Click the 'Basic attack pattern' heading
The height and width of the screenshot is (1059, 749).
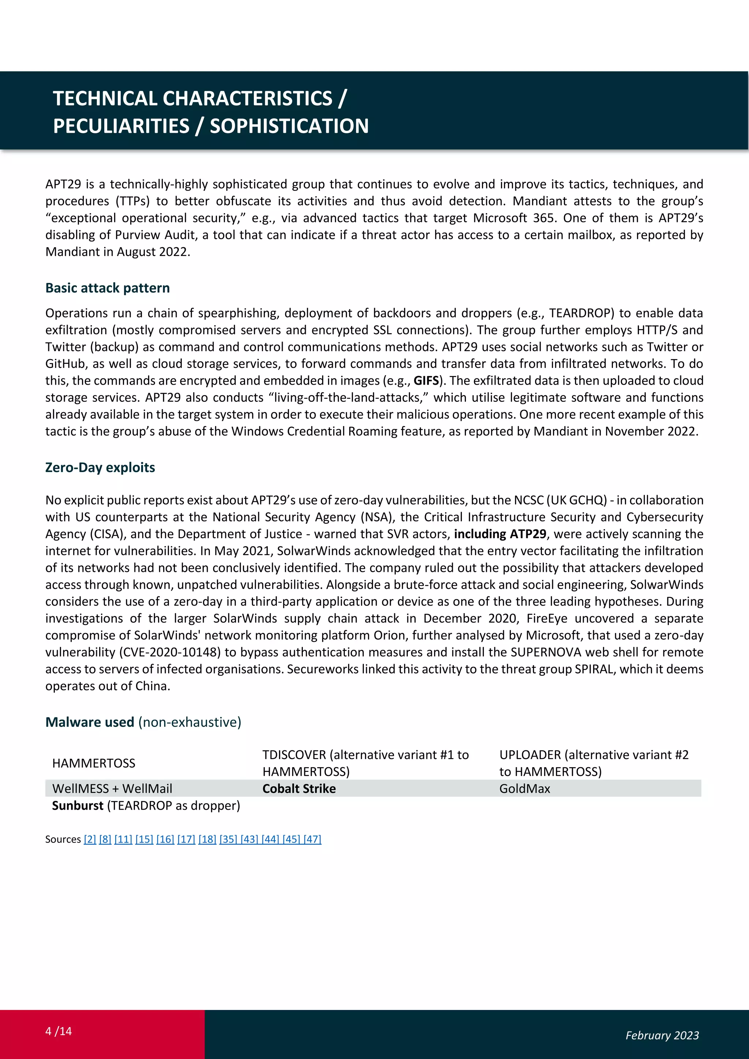click(108, 288)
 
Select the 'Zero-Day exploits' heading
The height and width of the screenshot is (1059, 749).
click(100, 468)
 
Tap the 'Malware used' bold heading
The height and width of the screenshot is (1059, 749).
click(90, 722)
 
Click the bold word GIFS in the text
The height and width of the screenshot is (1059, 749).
click(426, 381)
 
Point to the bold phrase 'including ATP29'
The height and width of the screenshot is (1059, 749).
click(500, 534)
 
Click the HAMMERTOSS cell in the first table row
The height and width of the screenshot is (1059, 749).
click(94, 763)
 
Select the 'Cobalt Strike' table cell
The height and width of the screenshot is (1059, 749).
click(299, 789)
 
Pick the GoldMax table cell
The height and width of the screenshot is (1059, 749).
click(524, 789)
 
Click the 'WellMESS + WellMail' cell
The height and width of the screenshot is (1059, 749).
click(112, 789)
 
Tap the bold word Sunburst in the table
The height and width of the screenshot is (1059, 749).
click(78, 806)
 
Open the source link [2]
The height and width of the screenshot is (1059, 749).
click(90, 840)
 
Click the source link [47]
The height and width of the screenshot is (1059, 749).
click(312, 840)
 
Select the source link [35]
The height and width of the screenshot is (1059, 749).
click(228, 840)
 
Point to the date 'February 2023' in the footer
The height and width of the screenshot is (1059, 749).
click(662, 1036)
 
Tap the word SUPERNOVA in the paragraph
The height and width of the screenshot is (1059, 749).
click(546, 653)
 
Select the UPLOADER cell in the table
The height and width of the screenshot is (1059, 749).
click(594, 763)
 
